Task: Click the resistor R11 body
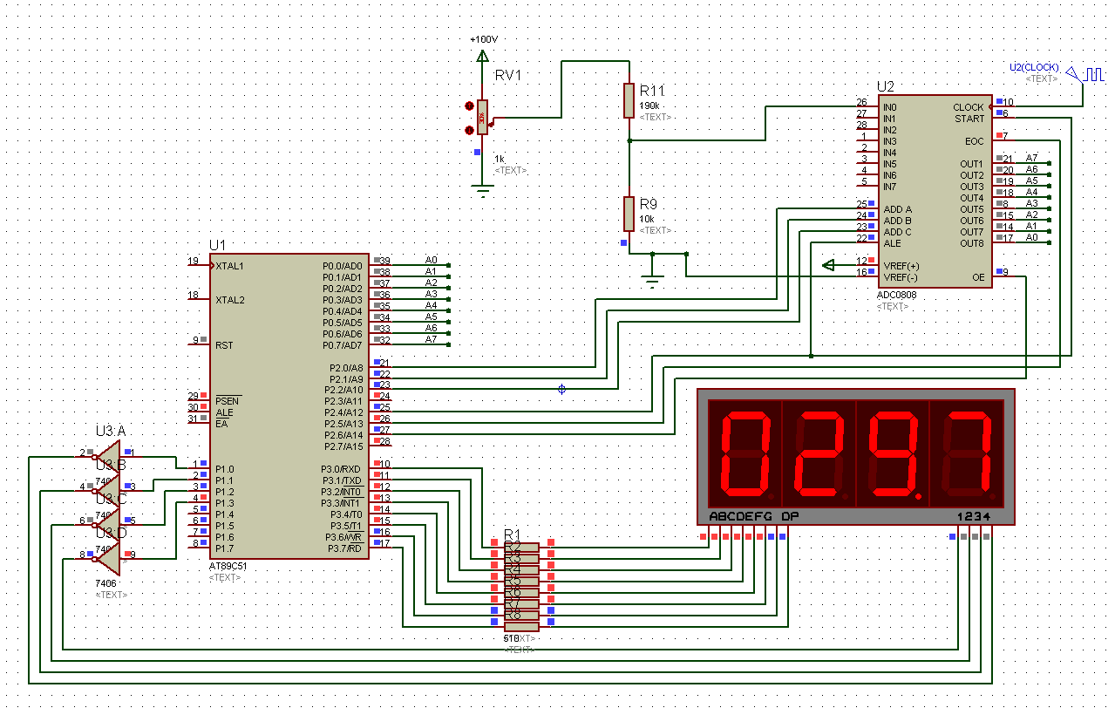pos(629,100)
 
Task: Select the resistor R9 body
pos(629,213)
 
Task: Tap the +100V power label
pos(483,40)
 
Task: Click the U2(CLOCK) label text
pos(1034,67)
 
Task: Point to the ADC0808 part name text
pos(896,295)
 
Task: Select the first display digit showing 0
pos(744,453)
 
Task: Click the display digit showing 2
pos(819,453)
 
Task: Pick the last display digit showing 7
pos(967,453)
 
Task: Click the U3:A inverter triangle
pos(109,455)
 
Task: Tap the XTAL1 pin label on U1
pos(230,265)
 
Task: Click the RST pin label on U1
pos(224,344)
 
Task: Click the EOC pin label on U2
pos(974,141)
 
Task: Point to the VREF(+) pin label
pos(901,265)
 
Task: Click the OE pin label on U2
pos(978,277)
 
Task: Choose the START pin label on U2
pos(969,119)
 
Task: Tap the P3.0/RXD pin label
pos(341,469)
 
